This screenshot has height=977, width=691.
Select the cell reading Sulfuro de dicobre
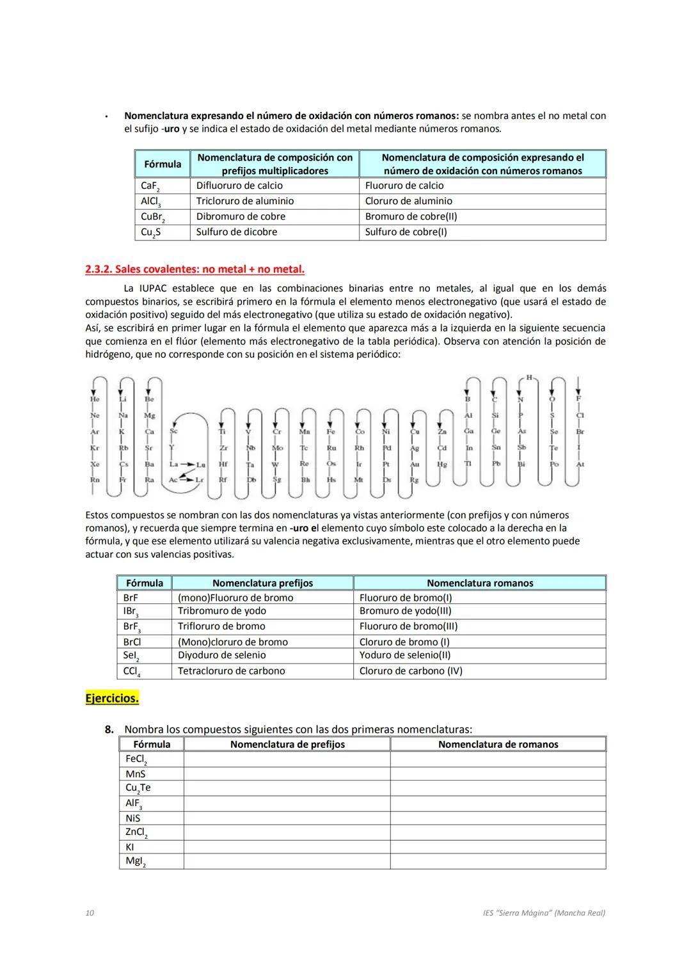[236, 232]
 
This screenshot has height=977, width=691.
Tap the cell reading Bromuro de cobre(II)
[411, 216]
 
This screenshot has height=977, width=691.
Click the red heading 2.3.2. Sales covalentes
[195, 269]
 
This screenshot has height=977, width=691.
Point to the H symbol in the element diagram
[529, 377]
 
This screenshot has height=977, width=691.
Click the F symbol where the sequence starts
[578, 399]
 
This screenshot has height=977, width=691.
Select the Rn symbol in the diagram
[95, 479]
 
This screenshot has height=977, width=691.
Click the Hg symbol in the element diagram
[441, 465]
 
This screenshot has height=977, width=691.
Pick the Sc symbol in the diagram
[173, 431]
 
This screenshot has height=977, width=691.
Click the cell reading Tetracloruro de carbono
[231, 671]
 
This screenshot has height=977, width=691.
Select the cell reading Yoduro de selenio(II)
[405, 655]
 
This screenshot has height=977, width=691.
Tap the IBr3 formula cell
[131, 612]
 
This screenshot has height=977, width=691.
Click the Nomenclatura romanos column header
[479, 583]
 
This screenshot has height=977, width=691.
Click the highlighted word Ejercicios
[112, 698]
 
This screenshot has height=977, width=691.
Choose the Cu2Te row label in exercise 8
[138, 788]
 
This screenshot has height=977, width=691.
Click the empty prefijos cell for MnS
[287, 774]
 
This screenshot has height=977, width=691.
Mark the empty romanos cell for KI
[498, 847]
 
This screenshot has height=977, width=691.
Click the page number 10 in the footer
[90, 913]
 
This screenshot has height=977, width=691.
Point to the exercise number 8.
[109, 729]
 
